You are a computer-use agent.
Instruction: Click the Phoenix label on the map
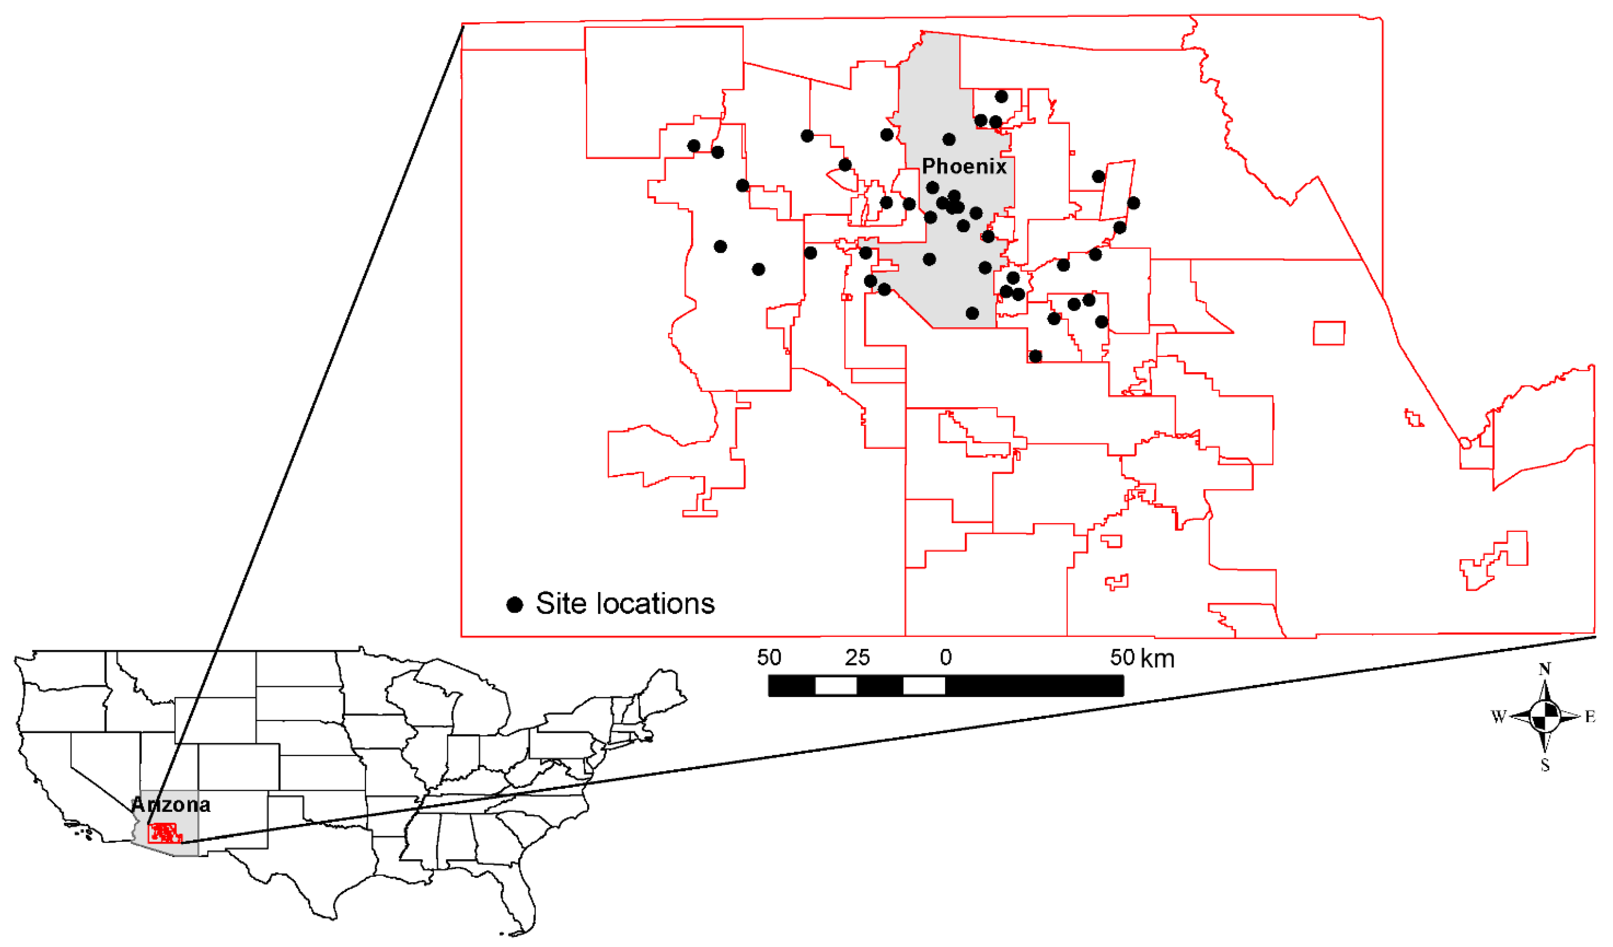coord(964,167)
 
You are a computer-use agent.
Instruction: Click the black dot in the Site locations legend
coord(515,605)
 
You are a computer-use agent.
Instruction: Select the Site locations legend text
coord(625,603)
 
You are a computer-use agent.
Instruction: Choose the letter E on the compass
coord(1590,717)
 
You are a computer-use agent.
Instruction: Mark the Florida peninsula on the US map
coord(515,896)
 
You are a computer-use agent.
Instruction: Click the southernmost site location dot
coord(1035,357)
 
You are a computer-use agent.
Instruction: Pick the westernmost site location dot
coord(693,146)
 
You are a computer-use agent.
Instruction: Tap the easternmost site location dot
coord(1133,203)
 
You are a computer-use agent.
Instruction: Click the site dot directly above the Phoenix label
coord(949,140)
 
